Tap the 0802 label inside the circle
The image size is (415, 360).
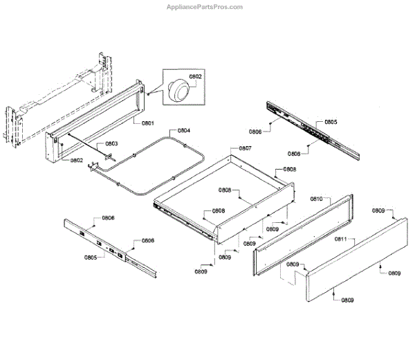point(196,76)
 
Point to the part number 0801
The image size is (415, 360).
point(147,123)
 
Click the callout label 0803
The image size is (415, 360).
point(111,144)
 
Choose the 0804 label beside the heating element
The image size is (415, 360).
point(184,130)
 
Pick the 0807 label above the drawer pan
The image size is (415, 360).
point(245,148)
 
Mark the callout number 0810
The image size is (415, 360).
point(317,199)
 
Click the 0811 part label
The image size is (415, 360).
point(341,239)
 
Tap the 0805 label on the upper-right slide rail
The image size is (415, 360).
point(331,122)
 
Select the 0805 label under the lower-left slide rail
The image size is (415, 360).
point(91,258)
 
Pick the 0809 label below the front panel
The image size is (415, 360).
point(347,300)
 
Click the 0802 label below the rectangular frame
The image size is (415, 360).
point(77,161)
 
